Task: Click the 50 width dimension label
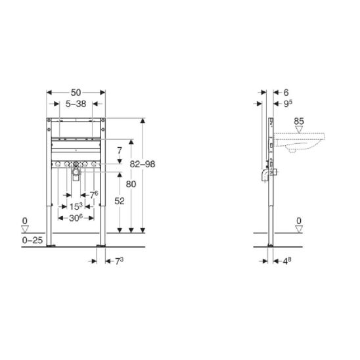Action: click(76, 93)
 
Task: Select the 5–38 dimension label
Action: click(76, 104)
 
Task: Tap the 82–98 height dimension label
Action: click(143, 164)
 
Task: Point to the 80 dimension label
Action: click(131, 184)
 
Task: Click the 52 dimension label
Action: click(120, 201)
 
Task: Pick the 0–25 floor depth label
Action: click(32, 240)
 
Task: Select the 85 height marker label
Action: click(299, 122)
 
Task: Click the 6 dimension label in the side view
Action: click(286, 93)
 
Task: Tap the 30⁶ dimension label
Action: click(76, 218)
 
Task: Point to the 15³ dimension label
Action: click(76, 206)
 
